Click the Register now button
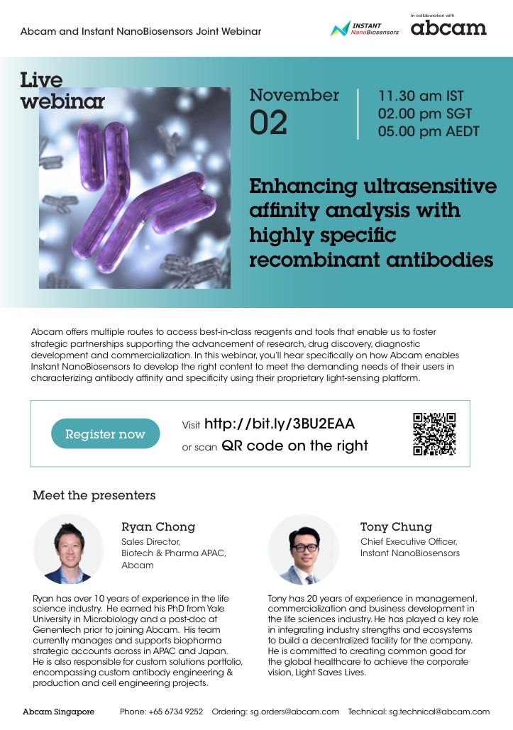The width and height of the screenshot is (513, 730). [x=105, y=433]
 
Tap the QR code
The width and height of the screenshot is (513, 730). [x=434, y=433]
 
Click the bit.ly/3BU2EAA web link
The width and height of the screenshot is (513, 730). [x=280, y=424]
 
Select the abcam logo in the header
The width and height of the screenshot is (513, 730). [x=448, y=28]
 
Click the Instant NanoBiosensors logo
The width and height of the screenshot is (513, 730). [x=365, y=29]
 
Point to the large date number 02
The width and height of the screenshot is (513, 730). [x=268, y=123]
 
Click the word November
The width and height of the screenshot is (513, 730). [x=294, y=95]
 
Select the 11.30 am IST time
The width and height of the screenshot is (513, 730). [x=421, y=96]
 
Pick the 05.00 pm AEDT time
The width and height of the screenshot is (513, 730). [x=429, y=131]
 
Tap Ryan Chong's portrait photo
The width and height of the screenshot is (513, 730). [x=68, y=549]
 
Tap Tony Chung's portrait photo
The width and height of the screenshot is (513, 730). [x=304, y=549]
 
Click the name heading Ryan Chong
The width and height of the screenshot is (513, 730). [x=158, y=526]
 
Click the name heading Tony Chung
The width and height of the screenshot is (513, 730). [x=396, y=526]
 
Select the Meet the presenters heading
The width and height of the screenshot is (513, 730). [x=94, y=495]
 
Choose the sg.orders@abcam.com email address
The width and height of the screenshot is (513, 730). [x=294, y=712]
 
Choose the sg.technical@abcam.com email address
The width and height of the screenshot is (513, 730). [x=439, y=712]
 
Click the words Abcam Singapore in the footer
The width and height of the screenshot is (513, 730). [x=58, y=712]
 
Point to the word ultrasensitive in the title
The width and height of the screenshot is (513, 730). [x=430, y=186]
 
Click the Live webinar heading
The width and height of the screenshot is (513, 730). [x=62, y=90]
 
